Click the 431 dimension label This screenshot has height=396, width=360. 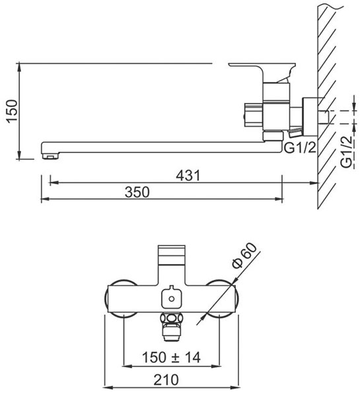[188, 176]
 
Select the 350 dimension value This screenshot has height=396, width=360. [137, 192]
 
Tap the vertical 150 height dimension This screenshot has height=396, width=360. [13, 111]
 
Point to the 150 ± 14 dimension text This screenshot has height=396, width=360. [171, 357]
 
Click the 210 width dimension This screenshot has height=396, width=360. [166, 379]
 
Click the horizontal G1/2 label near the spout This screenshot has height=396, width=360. [300, 148]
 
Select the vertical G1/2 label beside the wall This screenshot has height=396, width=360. [346, 152]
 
